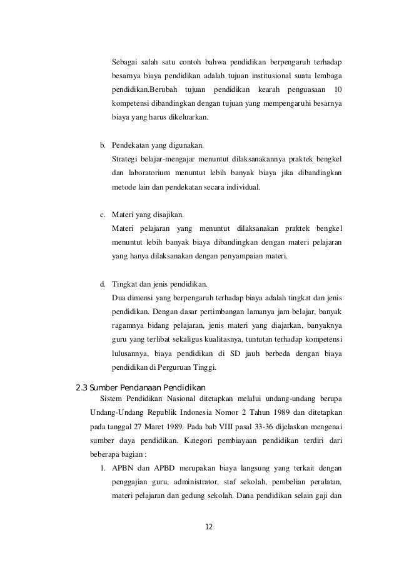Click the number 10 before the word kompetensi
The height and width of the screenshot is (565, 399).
pos(339,90)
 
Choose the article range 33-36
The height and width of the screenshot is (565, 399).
pos(248,426)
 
